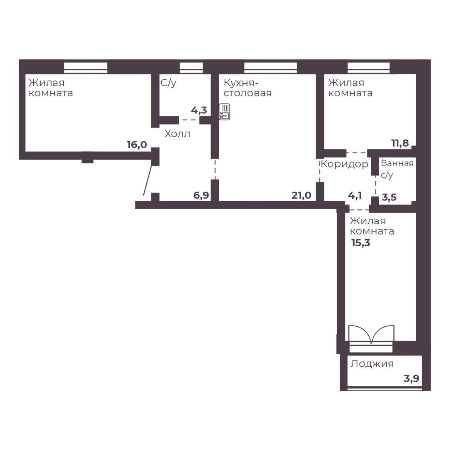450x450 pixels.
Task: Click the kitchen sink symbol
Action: pos(225,112)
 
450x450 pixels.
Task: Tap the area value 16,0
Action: pos(137,145)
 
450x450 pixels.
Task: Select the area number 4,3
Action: pos(199,110)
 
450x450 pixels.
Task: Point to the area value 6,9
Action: pos(201,195)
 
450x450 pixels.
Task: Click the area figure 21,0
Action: pos(301,195)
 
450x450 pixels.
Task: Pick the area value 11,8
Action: pos(400,143)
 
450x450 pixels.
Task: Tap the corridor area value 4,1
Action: pos(355,195)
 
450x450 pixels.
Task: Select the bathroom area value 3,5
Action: pos(389,197)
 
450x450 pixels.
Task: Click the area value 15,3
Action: pos(361,243)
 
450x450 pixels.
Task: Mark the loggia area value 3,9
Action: pos(412,378)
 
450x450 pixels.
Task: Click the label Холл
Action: pos(177,134)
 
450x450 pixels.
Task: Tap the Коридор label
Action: pos(345,164)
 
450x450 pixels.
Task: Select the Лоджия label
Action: pos(372,364)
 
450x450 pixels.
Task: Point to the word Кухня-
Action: pos(241,83)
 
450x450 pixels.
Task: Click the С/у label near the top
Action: pos(168,83)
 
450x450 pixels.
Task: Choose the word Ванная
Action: pos(397,163)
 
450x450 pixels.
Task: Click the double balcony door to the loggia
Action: pos(371,335)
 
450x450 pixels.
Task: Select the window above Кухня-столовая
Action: pos(270,67)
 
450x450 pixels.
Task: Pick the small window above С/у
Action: pos(191,67)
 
